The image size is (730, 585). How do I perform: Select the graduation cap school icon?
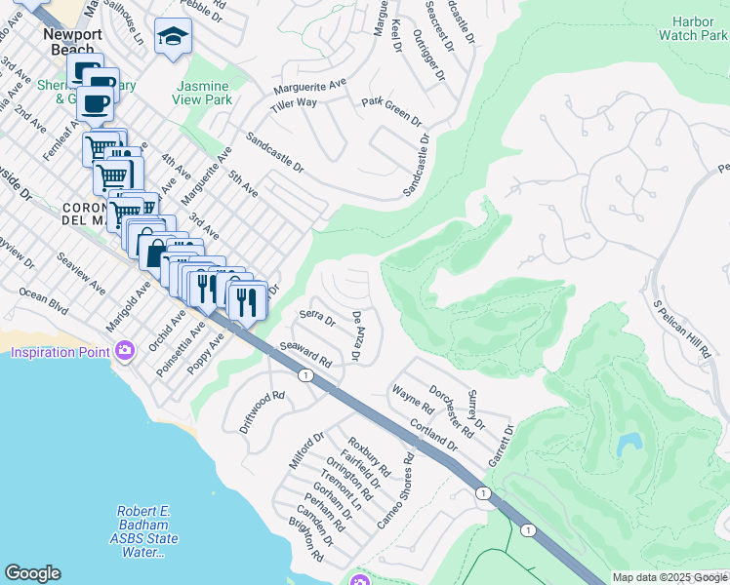coord(173,38)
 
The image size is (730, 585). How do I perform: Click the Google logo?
coord(32,573)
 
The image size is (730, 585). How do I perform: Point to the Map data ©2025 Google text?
coord(669,577)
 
